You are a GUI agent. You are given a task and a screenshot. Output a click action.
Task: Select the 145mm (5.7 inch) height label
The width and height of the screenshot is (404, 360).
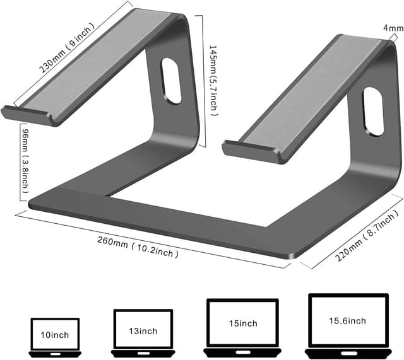(x=214, y=80)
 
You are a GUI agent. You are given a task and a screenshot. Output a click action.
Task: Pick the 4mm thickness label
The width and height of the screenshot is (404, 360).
(x=392, y=28)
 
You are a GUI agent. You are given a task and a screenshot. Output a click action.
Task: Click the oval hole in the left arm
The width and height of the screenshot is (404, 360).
(x=170, y=81)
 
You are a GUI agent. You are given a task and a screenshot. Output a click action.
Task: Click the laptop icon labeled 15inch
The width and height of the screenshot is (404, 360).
(x=242, y=326)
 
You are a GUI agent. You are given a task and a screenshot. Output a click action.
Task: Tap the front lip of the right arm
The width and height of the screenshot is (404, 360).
(x=249, y=150)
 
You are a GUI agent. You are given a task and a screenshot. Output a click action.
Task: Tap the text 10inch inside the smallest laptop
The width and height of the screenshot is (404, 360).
(x=55, y=335)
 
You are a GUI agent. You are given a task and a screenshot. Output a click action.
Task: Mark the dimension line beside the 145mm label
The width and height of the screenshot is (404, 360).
(x=203, y=80)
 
